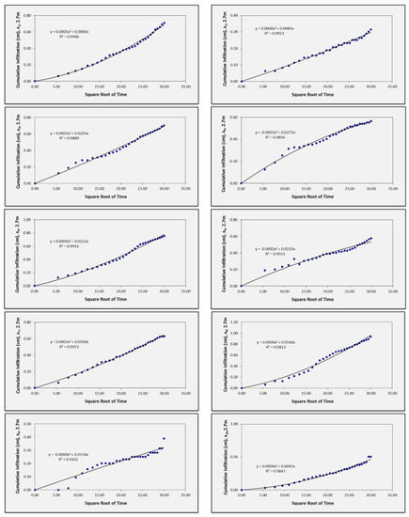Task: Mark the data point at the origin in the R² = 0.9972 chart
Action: tap(35, 388)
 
